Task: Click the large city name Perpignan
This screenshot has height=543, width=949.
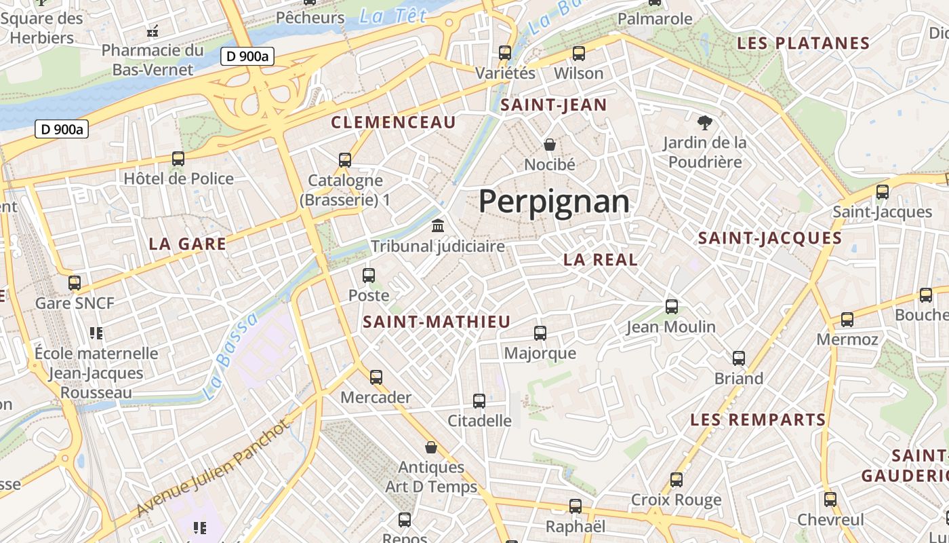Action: [554, 202]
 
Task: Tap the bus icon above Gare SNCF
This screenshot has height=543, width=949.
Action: [75, 282]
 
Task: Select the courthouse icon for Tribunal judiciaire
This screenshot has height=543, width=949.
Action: [438, 225]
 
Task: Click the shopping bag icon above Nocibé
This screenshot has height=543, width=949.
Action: [550, 144]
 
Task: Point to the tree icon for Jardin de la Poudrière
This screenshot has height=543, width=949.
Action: [705, 123]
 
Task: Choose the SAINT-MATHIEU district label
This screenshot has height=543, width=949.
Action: [437, 322]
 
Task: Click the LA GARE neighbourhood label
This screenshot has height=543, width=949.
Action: [187, 244]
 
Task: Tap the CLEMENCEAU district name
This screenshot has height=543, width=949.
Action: [393, 122]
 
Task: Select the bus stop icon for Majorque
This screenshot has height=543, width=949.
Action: [540, 333]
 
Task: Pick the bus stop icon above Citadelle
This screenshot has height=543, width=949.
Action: [479, 400]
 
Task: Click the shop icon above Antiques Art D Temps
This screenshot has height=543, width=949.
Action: [431, 447]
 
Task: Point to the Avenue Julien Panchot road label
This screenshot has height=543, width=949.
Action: [214, 468]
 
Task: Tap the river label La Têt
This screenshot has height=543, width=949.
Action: [393, 15]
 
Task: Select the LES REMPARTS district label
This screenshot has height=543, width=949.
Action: [758, 419]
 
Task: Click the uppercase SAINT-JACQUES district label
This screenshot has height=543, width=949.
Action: [770, 238]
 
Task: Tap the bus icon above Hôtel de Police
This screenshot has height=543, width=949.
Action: [178, 159]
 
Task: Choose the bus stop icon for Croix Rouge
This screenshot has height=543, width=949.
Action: [677, 480]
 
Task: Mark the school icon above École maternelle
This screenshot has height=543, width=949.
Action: [96, 333]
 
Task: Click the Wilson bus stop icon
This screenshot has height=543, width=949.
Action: [579, 53]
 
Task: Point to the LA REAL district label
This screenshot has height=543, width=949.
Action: [601, 259]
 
